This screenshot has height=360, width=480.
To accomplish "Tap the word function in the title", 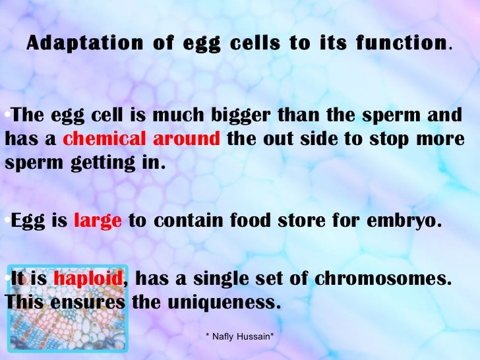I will (x=407, y=44).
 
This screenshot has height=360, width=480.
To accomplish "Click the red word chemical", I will (x=105, y=140).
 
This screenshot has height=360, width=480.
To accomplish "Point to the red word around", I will (x=187, y=140).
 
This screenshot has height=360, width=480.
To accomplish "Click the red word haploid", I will (x=88, y=279).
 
